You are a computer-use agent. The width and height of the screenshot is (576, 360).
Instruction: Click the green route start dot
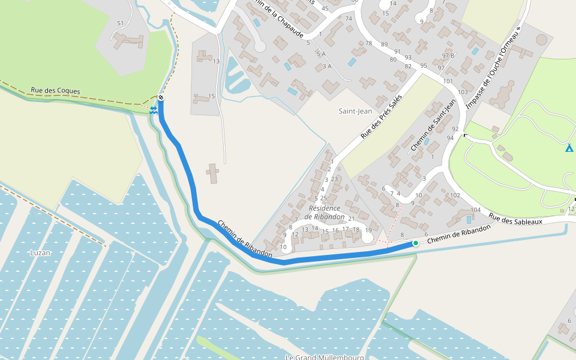click(x=415, y=243)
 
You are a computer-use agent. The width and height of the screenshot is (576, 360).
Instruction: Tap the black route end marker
click(x=161, y=98)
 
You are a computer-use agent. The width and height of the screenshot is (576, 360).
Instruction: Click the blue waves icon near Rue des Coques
click(x=154, y=109)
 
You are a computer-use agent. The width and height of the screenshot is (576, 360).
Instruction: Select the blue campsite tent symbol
click(x=569, y=148)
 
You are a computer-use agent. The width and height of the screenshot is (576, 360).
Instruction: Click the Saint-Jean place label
click(x=355, y=111)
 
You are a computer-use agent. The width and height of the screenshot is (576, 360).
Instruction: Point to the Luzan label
click(x=40, y=253)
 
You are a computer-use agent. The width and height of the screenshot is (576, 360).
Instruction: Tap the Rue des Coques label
click(x=55, y=91)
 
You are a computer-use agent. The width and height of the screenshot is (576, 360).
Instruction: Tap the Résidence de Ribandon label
click(x=325, y=212)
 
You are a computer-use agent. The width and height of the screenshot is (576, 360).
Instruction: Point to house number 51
click(x=121, y=23)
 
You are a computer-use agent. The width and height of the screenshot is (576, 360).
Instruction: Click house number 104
click(x=476, y=210)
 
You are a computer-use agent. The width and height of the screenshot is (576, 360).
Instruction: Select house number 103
click(x=462, y=92)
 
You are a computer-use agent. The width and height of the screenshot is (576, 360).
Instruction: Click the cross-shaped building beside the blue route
click(x=212, y=173)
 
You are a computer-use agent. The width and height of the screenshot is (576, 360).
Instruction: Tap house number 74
click(x=349, y=19)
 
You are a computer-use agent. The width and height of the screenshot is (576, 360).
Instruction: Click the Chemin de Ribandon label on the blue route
click(x=245, y=239)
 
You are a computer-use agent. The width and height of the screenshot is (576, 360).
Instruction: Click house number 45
click(x=325, y=8)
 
